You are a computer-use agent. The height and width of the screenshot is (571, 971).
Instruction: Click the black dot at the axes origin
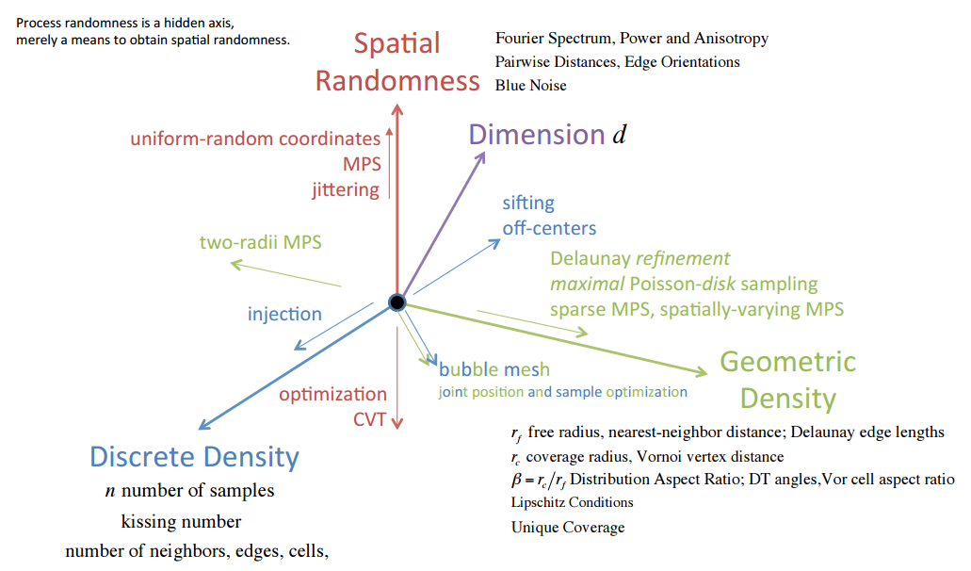(397, 302)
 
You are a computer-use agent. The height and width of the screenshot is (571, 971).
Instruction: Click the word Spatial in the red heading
(396, 43)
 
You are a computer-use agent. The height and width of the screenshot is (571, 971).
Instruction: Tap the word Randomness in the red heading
(397, 81)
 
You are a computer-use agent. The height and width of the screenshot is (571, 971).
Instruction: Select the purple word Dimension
(537, 135)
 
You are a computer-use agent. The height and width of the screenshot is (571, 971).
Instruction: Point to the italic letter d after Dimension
(620, 136)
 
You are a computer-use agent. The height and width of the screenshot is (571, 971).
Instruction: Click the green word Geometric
(787, 362)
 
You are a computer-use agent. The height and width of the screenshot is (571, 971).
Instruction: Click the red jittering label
(346, 189)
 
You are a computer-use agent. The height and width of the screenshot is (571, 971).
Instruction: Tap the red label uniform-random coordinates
(255, 139)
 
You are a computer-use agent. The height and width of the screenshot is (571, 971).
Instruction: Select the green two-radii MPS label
(260, 242)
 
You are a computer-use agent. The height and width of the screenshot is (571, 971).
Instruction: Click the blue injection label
(284, 314)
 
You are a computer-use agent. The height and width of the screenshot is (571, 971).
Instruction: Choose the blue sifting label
(528, 203)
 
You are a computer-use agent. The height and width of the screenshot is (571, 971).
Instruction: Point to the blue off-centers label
(549, 228)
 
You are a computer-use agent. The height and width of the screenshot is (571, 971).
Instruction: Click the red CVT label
(370, 419)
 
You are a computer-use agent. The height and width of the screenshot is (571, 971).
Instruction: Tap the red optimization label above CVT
(332, 394)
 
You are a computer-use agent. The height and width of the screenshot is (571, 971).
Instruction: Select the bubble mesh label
(494, 369)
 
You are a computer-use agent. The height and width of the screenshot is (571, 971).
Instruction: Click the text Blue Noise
(531, 85)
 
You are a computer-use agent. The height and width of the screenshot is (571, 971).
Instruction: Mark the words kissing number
(181, 521)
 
